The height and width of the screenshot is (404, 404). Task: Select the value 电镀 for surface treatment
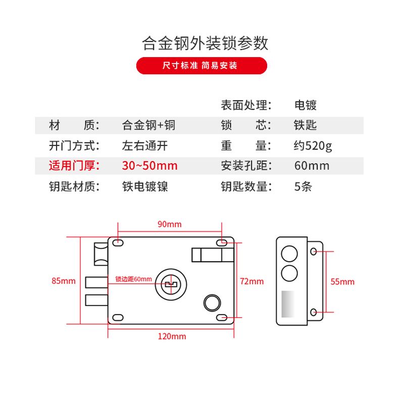(x=306, y=106)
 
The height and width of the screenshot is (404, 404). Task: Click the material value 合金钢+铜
(x=148, y=125)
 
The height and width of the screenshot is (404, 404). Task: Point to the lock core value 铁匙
(x=306, y=125)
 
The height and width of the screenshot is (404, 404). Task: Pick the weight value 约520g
(x=313, y=146)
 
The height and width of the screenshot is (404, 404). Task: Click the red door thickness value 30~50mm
(x=149, y=166)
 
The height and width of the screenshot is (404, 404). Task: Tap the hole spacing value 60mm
(x=312, y=166)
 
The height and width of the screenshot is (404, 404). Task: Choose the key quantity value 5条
(x=303, y=186)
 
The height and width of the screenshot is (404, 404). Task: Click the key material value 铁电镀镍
(x=145, y=186)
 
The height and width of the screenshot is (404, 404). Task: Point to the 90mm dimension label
(x=169, y=224)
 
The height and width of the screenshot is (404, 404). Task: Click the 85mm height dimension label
(x=64, y=281)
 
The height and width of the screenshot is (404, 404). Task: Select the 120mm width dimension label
(x=172, y=336)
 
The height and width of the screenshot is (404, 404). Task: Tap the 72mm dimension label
(x=251, y=281)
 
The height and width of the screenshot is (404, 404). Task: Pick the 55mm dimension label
(x=342, y=281)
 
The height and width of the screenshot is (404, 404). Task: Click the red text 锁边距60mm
(x=133, y=279)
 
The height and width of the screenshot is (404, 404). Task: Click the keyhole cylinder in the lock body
(x=171, y=284)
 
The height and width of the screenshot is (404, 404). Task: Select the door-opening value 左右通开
(x=145, y=146)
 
